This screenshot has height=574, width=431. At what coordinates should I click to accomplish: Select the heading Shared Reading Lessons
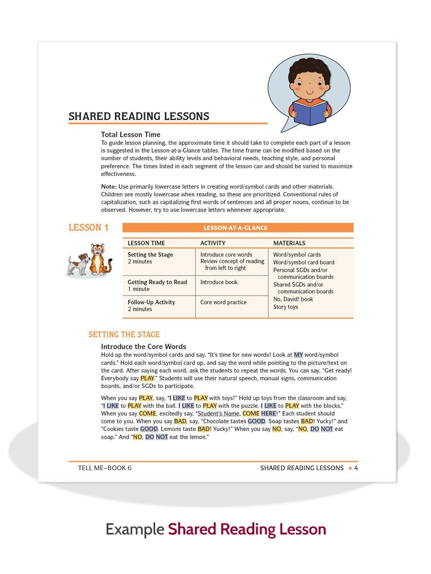(139, 116)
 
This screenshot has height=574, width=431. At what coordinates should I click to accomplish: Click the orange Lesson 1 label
(89, 228)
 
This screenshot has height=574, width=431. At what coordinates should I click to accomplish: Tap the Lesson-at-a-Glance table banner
(238, 228)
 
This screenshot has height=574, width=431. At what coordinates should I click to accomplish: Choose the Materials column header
(289, 243)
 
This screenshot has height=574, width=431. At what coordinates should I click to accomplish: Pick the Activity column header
(213, 243)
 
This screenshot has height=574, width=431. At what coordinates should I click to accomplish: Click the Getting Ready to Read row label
(157, 282)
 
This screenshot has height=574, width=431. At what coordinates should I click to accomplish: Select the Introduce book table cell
(219, 282)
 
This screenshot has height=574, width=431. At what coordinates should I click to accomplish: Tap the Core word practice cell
(224, 302)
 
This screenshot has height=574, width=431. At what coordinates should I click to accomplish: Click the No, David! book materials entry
(293, 299)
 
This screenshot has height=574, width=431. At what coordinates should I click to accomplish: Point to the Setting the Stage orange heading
(124, 334)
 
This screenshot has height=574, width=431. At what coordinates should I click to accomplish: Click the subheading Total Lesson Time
(131, 134)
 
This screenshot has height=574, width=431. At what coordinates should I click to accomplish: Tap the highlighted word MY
(298, 355)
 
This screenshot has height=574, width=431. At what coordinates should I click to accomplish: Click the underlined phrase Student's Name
(218, 413)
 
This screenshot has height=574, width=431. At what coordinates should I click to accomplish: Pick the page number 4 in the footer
(356, 468)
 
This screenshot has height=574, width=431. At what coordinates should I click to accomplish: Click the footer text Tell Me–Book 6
(104, 468)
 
